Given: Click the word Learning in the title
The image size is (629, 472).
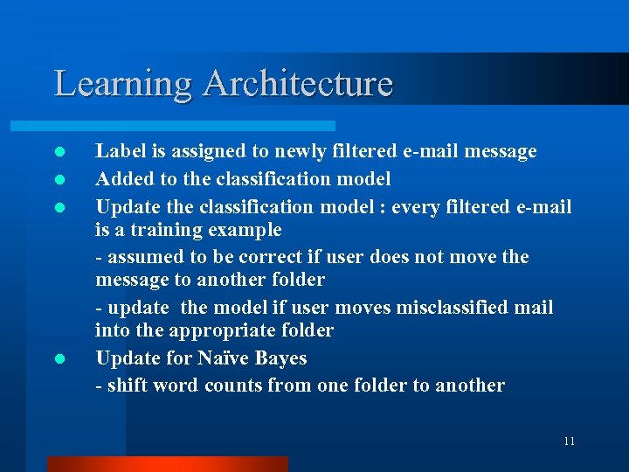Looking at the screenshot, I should coord(123,84).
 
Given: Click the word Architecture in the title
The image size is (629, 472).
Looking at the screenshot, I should coord(298,84).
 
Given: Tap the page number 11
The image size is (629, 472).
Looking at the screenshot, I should coord(569,441).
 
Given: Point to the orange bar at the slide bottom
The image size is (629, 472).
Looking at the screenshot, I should coord(167,464).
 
